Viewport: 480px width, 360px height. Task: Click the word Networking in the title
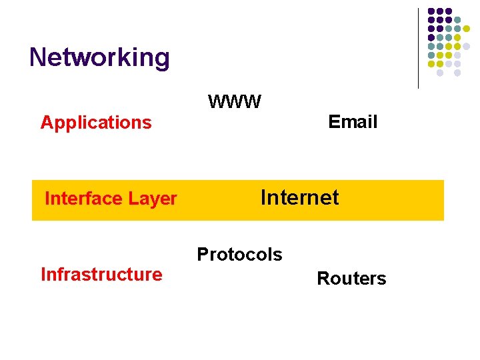99,57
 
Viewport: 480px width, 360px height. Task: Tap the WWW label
235,102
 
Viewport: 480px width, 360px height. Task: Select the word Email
353,122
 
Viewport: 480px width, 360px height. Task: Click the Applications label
96,123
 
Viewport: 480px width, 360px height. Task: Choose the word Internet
299,197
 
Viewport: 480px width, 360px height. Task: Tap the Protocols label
239,255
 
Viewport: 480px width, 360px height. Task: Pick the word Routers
351,279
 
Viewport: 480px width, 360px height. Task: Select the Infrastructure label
101,275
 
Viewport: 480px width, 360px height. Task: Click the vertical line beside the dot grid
418,47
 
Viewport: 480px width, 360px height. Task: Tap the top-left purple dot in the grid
431,11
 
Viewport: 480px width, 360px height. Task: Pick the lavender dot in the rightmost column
466,47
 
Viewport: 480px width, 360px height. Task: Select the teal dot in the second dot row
457,19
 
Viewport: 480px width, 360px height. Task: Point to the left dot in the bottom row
440,73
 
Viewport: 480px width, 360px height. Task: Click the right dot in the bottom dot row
457,73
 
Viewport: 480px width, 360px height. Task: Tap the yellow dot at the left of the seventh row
431,64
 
